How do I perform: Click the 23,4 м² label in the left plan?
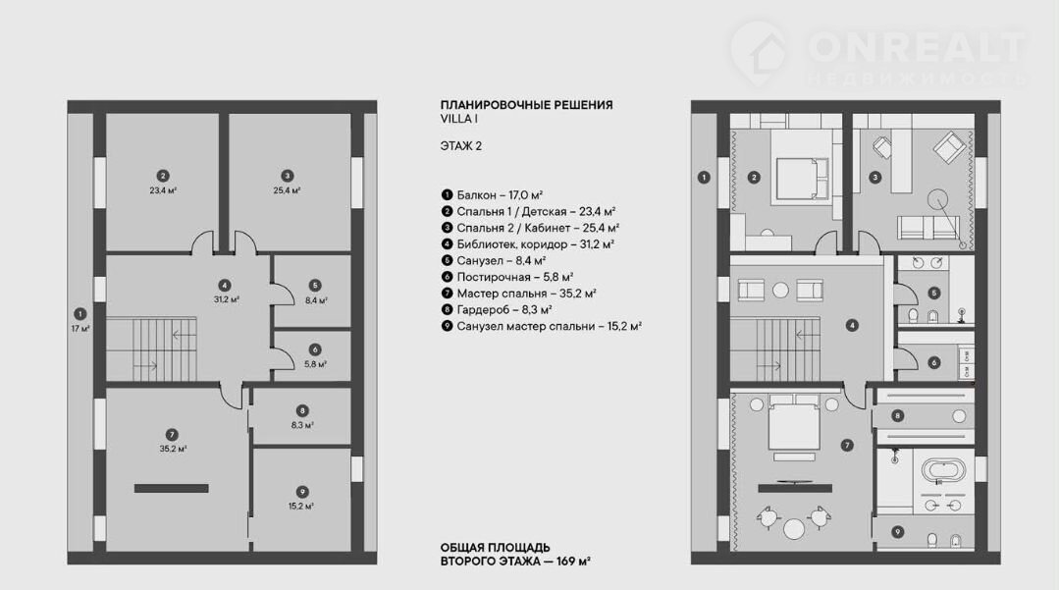[x=163, y=190]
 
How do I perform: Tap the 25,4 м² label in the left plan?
[x=287, y=190]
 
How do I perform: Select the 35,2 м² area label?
[x=173, y=449]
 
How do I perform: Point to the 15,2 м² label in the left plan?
[x=301, y=506]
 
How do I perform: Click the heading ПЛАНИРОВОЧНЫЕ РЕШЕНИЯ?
[x=527, y=105]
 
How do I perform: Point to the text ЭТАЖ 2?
[x=461, y=146]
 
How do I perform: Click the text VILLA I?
[x=459, y=119]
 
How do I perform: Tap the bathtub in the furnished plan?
[x=943, y=469]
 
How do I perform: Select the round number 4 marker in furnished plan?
[x=852, y=326]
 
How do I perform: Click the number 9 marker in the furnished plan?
[x=898, y=532]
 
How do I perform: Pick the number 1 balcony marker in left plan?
[x=80, y=313]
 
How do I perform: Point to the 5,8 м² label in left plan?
[x=315, y=364]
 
